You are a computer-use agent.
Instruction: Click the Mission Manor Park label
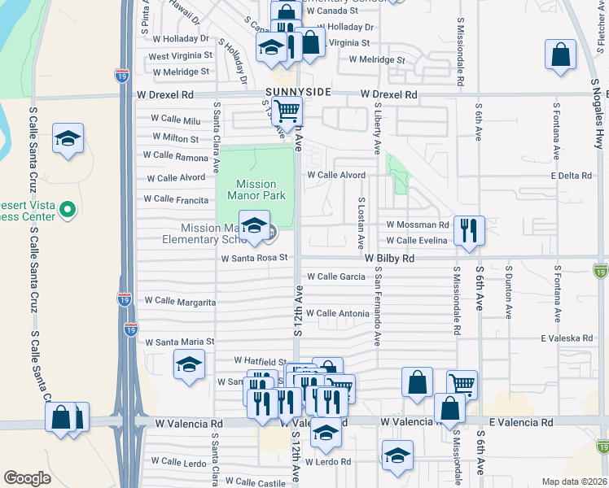click(x=256, y=190)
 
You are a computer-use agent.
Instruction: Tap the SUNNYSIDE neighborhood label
click(x=297, y=93)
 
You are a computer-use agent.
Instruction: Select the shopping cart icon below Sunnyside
click(x=287, y=111)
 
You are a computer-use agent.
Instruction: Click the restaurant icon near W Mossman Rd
click(x=469, y=230)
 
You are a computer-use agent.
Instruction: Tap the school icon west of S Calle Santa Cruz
click(x=68, y=139)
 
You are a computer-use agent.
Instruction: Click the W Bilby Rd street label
click(x=389, y=258)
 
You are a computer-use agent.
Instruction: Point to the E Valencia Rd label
click(x=521, y=422)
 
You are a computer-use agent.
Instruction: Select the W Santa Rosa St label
click(x=256, y=258)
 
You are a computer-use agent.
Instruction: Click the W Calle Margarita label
click(x=180, y=301)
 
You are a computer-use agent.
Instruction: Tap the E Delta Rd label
click(x=575, y=175)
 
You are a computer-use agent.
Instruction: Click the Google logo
click(x=27, y=478)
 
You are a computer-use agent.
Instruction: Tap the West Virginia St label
click(x=180, y=56)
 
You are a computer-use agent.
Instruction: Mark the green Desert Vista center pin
click(x=68, y=211)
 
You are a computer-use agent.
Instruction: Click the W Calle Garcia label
click(x=335, y=277)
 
